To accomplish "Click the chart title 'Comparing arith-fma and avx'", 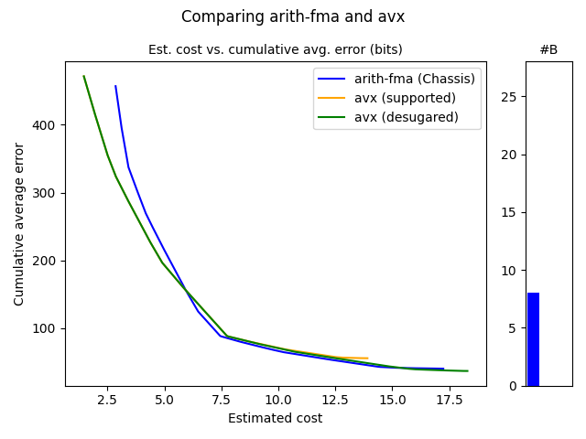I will click(292, 16).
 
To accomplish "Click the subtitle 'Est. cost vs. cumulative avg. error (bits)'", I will click(275, 49).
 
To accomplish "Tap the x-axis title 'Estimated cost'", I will click(275, 419).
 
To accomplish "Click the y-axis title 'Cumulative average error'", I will click(19, 224).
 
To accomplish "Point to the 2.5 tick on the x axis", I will click(107, 400).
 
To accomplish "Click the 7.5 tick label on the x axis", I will click(221, 400).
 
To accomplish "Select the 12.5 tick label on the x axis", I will click(334, 400).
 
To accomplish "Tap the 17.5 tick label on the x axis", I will click(448, 400).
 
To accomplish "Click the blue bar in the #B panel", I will click(533, 339).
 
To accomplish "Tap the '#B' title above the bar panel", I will click(548, 49).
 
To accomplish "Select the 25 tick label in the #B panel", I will click(507, 97).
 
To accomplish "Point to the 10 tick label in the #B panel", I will click(507, 271).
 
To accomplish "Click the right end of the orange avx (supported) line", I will click(367, 359).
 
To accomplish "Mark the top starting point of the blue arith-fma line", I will click(115, 86).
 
